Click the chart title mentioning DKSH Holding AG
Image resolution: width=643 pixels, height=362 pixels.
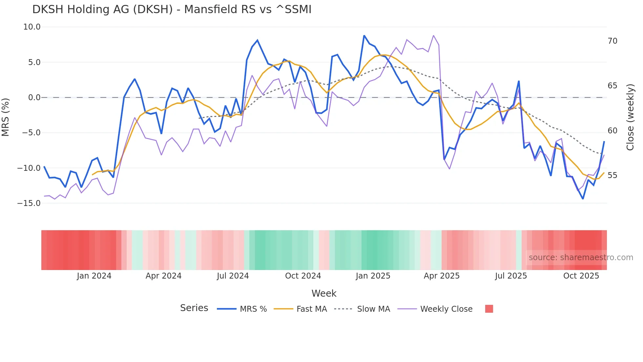point(172,10)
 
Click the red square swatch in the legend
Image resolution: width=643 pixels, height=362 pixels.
point(489,309)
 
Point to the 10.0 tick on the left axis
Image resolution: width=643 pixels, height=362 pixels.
point(32,27)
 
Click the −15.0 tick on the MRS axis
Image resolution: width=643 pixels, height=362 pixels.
point(29,203)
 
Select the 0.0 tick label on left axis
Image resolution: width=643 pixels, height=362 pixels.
point(34,98)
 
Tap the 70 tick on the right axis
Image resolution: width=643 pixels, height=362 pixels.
point(612,41)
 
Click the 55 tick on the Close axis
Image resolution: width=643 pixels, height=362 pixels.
point(612,175)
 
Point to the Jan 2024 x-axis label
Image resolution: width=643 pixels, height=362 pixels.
point(94,276)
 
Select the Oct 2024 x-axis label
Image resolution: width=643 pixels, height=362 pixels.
point(303,276)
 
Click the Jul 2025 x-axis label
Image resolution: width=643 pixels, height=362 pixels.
point(511,276)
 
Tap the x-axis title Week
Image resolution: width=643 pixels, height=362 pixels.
point(324,293)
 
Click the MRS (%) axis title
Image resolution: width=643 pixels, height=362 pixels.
point(6,117)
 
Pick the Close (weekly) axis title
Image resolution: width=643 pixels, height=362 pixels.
point(630,117)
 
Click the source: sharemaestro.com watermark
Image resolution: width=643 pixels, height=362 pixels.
point(581,258)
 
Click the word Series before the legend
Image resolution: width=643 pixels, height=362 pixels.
point(194,308)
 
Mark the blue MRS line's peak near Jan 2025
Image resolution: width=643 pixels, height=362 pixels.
point(364,35)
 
